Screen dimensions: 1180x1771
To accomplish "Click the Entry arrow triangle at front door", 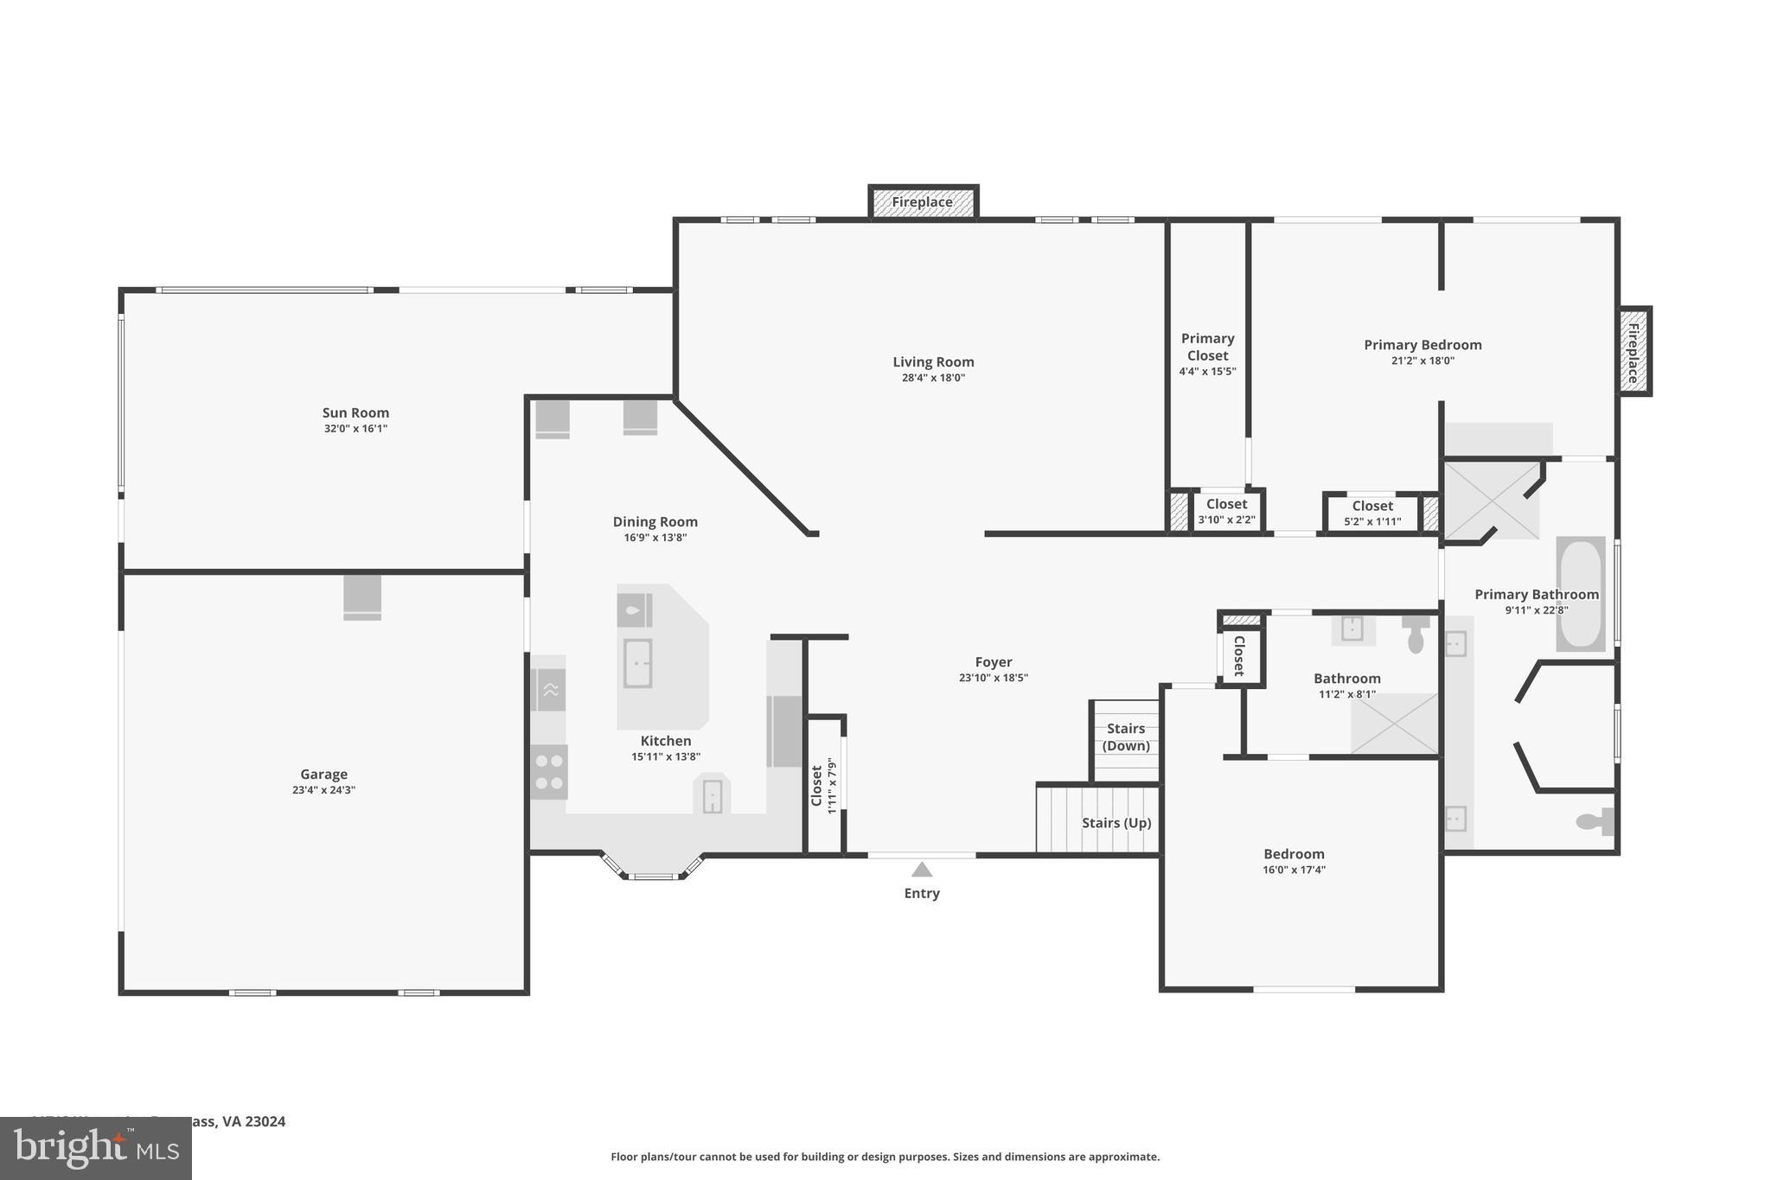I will coord(922,870).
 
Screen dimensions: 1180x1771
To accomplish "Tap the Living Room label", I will coord(933,362).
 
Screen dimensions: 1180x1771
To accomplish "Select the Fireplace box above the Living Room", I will coord(923,202).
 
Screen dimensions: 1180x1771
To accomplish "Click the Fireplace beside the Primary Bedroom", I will coord(1634,353).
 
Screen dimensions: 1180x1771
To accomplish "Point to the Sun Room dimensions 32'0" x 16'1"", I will coord(355,429).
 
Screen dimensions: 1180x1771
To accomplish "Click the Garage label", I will coord(324,775).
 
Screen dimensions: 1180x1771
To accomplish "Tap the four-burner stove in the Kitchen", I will coord(549,772).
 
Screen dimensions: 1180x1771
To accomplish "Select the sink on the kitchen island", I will coord(637,663).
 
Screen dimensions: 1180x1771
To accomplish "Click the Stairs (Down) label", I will coord(1126,737).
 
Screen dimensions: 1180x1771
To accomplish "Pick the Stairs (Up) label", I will coord(1116,823).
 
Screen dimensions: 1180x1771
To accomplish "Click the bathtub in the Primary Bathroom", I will coord(1580,594).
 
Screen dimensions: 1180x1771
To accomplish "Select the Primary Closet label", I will coord(1207,347).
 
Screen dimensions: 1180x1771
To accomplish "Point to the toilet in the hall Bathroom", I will coord(1416,636).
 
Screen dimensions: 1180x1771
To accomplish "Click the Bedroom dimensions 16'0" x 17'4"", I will coord(1294,871).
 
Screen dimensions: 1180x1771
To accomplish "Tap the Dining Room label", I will coord(655,522).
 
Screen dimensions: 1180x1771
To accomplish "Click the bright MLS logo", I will coord(96,1148).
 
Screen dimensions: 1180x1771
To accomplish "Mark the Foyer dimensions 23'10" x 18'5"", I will coord(993,679).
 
